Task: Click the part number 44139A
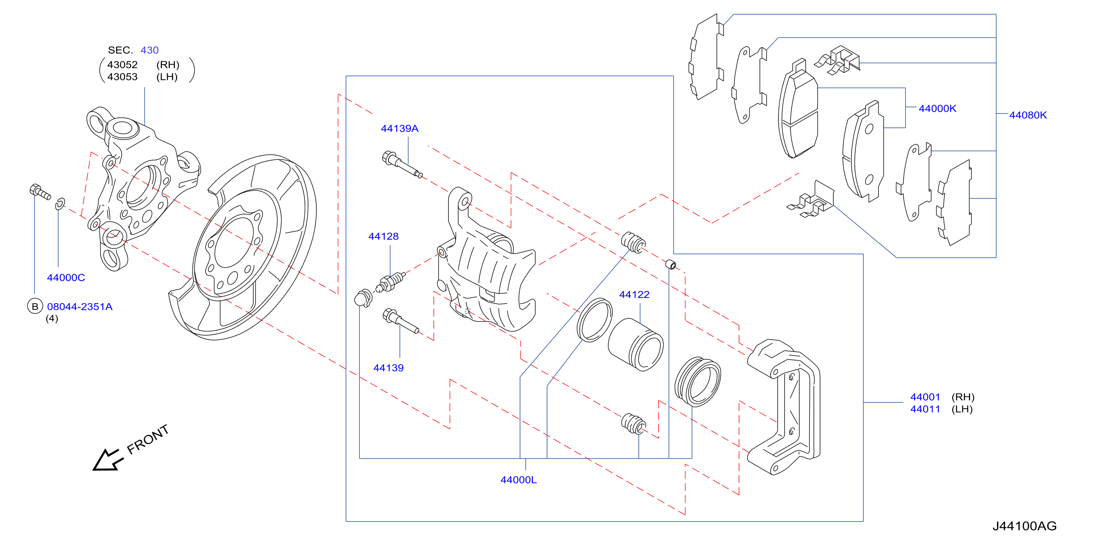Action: pos(399,128)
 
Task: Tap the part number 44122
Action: pos(634,294)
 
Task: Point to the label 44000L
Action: pos(519,479)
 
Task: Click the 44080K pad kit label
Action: pos(1028,115)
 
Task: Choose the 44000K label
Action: pos(937,109)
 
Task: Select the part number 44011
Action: pos(925,409)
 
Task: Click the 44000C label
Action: pos(66,277)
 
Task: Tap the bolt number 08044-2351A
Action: pos(80,306)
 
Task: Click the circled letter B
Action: pos(35,306)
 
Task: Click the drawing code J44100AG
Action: pos(1024,526)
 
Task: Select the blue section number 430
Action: pos(149,50)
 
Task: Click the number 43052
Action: pos(122,65)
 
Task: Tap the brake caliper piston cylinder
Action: pos(636,344)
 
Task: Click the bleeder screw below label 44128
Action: pos(390,282)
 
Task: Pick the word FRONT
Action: pos(148,440)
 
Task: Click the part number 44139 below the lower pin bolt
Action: pos(388,368)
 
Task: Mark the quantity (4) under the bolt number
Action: pos(52,318)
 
